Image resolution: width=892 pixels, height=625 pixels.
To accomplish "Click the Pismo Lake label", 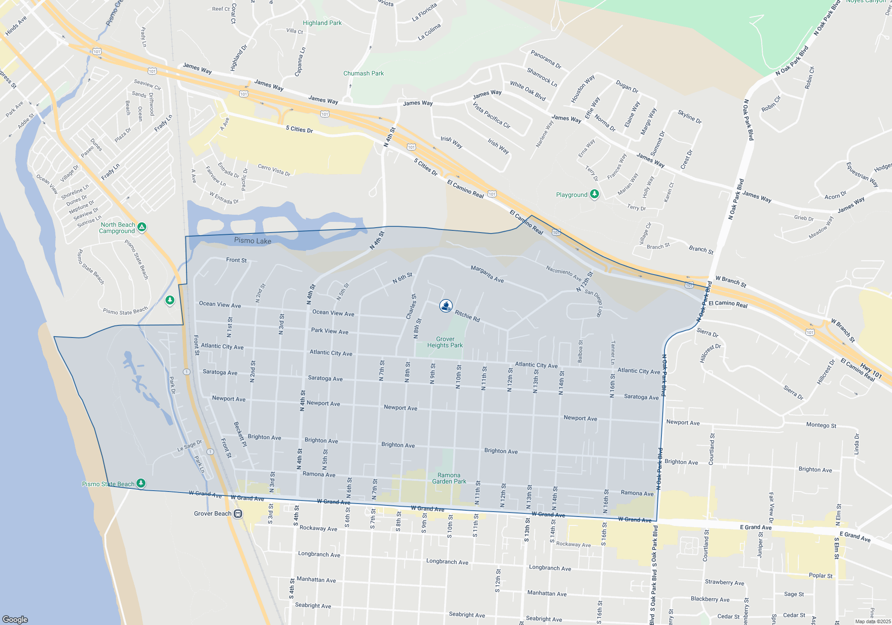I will [252, 241].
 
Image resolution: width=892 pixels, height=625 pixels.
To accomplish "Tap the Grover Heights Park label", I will [445, 342].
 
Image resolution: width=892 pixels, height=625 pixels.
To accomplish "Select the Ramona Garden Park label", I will [449, 478].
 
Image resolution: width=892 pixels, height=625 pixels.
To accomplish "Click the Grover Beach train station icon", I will [238, 514].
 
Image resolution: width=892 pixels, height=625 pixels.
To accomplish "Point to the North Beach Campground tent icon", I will [142, 227].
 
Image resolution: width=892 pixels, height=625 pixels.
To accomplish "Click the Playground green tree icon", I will [594, 194].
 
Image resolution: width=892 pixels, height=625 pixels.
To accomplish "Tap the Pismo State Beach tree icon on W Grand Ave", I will [141, 483].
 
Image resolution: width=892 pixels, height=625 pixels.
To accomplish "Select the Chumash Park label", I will [363, 73].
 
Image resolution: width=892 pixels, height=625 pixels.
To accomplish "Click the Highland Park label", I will [322, 23].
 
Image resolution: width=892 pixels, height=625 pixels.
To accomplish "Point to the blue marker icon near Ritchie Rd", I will [446, 305].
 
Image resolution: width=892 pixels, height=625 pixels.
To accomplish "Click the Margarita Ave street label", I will [487, 274].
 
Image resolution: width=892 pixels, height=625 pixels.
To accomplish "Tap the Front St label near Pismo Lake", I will [236, 260].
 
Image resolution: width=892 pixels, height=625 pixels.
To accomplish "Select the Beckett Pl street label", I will [240, 434].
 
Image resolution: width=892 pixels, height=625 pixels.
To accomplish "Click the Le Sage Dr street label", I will [190, 446].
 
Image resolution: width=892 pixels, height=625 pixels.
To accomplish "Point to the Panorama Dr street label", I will [545, 59].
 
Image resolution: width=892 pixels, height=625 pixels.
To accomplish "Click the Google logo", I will [15, 619].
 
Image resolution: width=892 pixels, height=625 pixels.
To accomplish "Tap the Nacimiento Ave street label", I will [563, 273].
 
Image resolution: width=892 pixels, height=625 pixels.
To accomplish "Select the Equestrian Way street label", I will [862, 175].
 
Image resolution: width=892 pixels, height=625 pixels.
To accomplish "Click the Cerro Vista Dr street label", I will [274, 170].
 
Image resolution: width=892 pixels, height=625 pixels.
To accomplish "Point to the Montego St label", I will [821, 425].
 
